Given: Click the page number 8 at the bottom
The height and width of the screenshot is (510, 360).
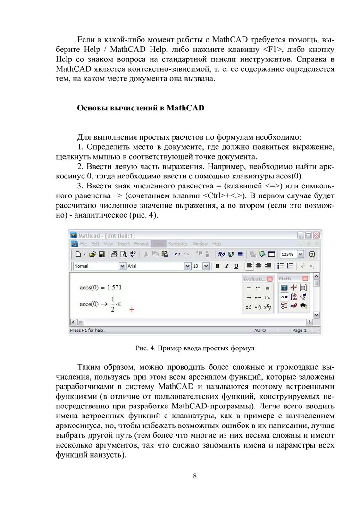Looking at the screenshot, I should (195, 476).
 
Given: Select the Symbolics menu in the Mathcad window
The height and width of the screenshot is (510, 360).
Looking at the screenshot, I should (178, 244).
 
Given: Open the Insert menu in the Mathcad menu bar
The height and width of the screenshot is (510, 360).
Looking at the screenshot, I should (124, 244).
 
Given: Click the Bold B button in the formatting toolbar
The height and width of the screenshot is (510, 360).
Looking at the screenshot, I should (218, 266).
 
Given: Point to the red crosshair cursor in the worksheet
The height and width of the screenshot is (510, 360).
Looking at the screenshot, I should (132, 310).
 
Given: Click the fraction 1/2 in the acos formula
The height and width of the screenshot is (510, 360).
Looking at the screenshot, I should (113, 304).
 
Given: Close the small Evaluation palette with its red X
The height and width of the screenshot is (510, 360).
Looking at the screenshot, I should (269, 279).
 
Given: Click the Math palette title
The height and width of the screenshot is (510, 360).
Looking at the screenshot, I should (285, 279).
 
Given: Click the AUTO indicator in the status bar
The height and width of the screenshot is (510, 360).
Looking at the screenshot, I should (260, 331).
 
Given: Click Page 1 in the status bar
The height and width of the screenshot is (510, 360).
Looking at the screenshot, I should (299, 331).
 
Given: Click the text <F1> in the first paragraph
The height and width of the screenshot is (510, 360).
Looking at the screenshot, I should (273, 51).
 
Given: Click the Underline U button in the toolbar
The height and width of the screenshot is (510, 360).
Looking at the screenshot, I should (236, 266).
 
